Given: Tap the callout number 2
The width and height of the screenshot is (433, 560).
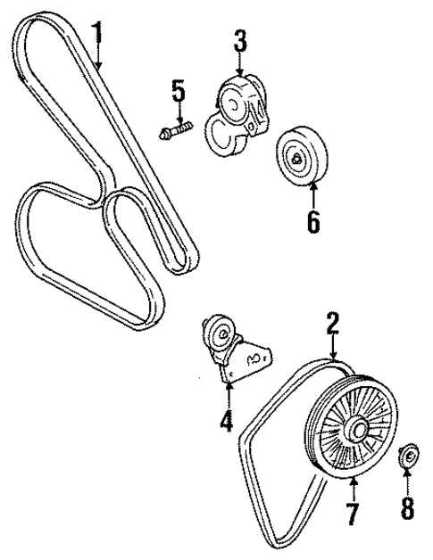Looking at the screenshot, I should (332, 323).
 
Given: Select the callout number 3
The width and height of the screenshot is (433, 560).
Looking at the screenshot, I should (240, 40).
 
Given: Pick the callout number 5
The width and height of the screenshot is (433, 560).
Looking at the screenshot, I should (179, 91).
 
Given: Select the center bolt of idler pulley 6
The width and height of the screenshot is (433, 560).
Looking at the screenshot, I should (296, 159).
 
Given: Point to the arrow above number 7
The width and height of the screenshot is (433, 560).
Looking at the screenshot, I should (352, 486).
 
